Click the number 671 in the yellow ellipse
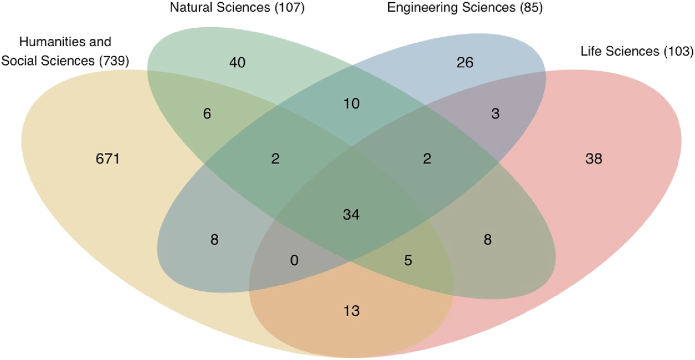(108, 160)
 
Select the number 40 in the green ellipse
(238, 63)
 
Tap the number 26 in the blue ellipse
(465, 63)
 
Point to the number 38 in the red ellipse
(593, 160)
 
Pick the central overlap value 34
(351, 214)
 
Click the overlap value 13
(351, 311)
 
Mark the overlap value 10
(351, 104)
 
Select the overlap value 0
(294, 260)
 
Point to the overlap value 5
(408, 260)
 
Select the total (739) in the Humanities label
(114, 61)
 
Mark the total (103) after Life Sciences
(678, 52)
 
